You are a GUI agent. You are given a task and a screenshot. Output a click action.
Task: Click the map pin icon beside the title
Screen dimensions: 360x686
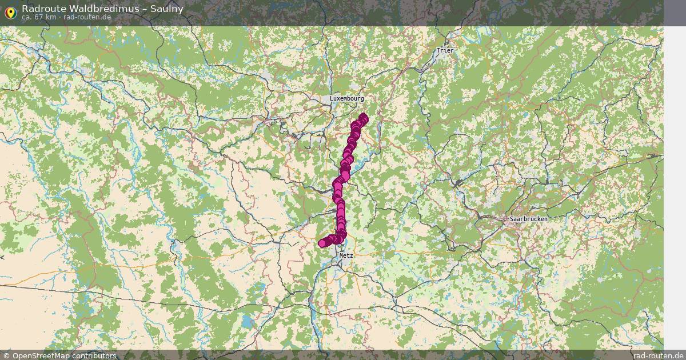10,11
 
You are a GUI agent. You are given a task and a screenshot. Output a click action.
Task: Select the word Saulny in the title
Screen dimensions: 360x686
167,8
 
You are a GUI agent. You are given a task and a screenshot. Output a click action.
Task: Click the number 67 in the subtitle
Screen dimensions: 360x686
38,17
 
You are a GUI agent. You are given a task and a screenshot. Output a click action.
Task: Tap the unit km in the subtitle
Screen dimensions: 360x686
50,17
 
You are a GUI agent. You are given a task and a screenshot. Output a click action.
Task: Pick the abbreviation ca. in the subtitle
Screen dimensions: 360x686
27,17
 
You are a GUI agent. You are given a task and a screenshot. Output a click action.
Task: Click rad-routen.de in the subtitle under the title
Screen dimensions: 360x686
87,17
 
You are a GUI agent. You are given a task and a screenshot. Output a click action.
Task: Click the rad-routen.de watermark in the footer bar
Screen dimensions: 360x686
659,355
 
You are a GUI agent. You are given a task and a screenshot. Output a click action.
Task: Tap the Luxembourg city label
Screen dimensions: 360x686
346,98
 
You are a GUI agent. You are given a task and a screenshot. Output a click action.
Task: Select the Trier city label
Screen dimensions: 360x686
444,50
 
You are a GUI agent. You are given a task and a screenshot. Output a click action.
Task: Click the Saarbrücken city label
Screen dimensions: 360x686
528,219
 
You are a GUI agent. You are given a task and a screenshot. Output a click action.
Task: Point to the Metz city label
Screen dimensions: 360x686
346,255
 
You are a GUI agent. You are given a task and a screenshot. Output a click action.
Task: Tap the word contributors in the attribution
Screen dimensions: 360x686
98,355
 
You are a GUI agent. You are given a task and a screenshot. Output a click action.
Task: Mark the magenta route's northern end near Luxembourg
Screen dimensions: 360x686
364,118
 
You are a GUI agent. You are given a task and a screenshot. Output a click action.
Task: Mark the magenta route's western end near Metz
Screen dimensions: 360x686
322,243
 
